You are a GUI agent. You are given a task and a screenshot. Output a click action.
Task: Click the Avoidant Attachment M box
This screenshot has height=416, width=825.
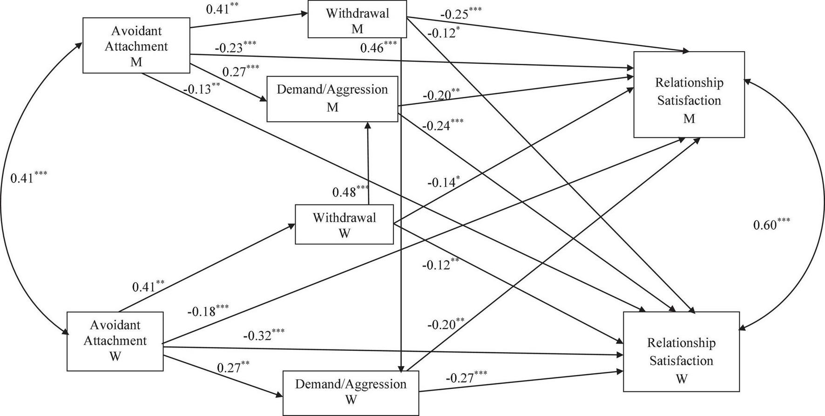coord(136,46)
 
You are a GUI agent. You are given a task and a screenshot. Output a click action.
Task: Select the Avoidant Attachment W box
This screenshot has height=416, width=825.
coord(115,341)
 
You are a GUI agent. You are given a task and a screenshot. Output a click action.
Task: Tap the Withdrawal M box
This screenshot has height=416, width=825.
coord(357,21)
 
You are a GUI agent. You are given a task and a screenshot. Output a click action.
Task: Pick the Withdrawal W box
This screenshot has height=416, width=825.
coord(344,225)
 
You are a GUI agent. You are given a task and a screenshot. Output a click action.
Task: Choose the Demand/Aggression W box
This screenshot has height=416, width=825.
coord(351,392)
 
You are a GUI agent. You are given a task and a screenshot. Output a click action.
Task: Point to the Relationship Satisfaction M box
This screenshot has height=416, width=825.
coord(689,95)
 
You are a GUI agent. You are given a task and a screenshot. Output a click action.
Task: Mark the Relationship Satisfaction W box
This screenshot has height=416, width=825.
coord(681,351)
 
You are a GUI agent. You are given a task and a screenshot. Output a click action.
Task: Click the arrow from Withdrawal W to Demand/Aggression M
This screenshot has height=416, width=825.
coord(368,163)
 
